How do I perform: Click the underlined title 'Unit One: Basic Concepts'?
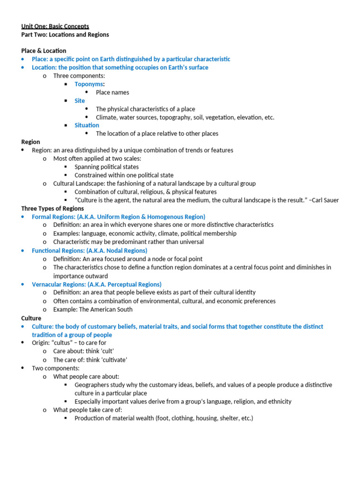point(55,27)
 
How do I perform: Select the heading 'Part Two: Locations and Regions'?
point(65,35)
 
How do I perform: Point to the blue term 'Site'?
point(80,101)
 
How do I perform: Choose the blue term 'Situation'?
point(87,126)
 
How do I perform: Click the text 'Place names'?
point(112,92)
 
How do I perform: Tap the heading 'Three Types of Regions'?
point(52,208)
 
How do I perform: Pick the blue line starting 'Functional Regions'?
point(89,250)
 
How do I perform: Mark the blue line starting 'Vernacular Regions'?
point(96,284)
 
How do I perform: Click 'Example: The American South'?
point(93,309)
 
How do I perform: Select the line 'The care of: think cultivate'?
point(90,359)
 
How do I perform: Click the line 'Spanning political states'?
point(106,167)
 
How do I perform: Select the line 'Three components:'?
point(79,76)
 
